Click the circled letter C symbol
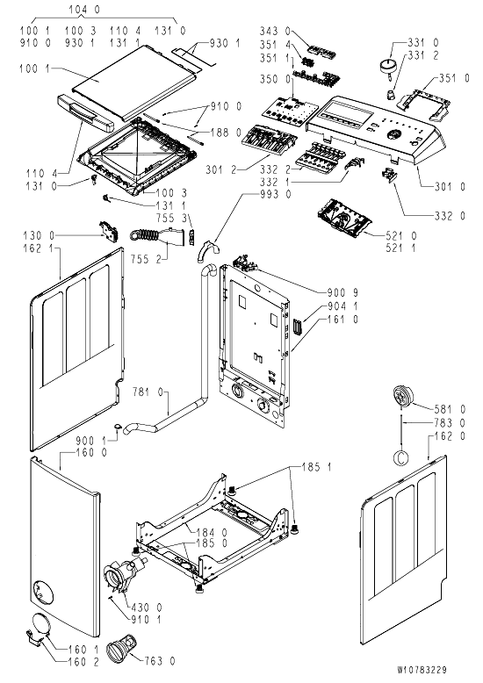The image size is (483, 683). pyautogui.click(x=401, y=457)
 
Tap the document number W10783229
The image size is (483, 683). pyautogui.click(x=422, y=670)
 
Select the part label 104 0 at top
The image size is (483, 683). pyautogui.click(x=83, y=9)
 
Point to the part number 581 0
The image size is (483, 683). pyautogui.click(x=450, y=409)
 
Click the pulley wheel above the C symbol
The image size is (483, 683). pyautogui.click(x=402, y=397)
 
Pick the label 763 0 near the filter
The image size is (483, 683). pyautogui.click(x=160, y=661)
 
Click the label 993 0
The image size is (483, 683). pyautogui.click(x=275, y=194)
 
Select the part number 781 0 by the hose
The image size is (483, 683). pyautogui.click(x=148, y=392)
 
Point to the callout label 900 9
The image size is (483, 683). pyautogui.click(x=342, y=292)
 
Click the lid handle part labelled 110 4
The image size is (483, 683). pyautogui.click(x=85, y=113)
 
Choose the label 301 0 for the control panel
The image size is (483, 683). pyautogui.click(x=450, y=186)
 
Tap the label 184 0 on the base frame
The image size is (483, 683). pyautogui.click(x=212, y=532)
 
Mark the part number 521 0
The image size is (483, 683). pyautogui.click(x=401, y=235)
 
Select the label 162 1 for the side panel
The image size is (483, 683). pyautogui.click(x=39, y=248)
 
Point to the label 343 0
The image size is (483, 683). pyautogui.click(x=275, y=31)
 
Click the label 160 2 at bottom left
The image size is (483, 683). pyautogui.click(x=83, y=662)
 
